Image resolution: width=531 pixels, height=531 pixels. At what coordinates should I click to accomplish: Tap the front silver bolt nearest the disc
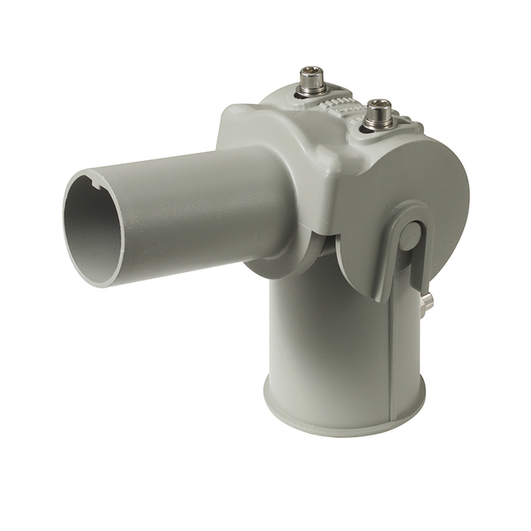(x=378, y=114)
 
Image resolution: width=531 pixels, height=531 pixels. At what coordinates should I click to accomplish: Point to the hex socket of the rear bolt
(x=312, y=71)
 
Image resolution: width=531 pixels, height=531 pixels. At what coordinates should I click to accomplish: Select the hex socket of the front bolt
(x=378, y=105)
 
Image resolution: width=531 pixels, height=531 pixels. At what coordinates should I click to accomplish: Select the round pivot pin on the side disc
(x=408, y=237)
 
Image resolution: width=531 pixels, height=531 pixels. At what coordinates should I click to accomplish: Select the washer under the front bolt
(x=378, y=125)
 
